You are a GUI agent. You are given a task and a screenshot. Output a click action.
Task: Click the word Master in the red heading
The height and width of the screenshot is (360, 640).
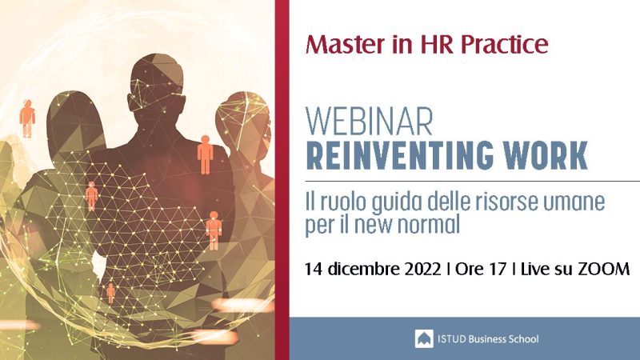345,44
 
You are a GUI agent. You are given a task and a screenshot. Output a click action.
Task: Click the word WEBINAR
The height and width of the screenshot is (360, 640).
369,122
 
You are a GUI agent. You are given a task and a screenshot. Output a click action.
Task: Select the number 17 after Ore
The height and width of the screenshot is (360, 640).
498,269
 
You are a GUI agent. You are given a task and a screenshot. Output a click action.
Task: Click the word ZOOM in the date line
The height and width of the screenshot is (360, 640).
604,269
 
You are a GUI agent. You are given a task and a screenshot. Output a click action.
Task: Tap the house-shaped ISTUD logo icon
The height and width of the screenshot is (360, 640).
424,338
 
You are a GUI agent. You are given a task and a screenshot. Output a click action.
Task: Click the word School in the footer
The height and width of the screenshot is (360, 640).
523,338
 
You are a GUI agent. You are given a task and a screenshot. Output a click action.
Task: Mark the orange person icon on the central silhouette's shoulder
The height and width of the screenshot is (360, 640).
206,155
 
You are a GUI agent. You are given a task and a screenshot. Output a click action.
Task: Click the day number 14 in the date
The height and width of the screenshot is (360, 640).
314,269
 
